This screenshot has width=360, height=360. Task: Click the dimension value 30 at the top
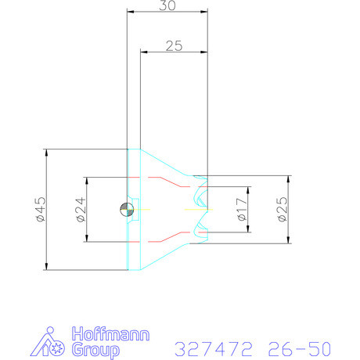(167, 5)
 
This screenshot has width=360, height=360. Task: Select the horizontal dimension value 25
(174, 46)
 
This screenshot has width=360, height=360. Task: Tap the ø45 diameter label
(41, 210)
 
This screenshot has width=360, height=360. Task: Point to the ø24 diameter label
(81, 210)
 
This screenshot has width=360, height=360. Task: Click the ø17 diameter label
(242, 209)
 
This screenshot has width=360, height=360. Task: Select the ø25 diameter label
(283, 209)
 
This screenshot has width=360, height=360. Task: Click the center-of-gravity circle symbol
(127, 209)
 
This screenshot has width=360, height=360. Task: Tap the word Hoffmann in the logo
(110, 334)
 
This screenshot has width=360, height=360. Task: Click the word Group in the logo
(95, 351)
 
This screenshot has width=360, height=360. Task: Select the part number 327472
(214, 348)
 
